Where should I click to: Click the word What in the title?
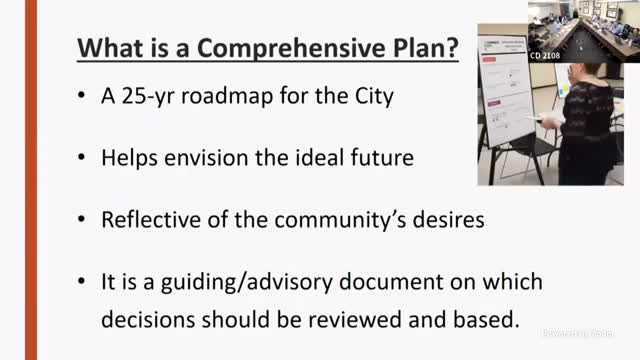click(x=106, y=47)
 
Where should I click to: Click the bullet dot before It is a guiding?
click(x=79, y=283)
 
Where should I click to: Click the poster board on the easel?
click(x=507, y=95)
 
